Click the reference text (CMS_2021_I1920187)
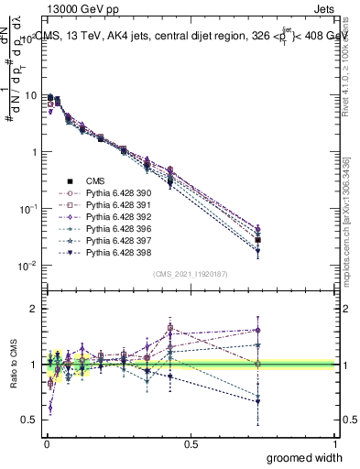190,273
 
